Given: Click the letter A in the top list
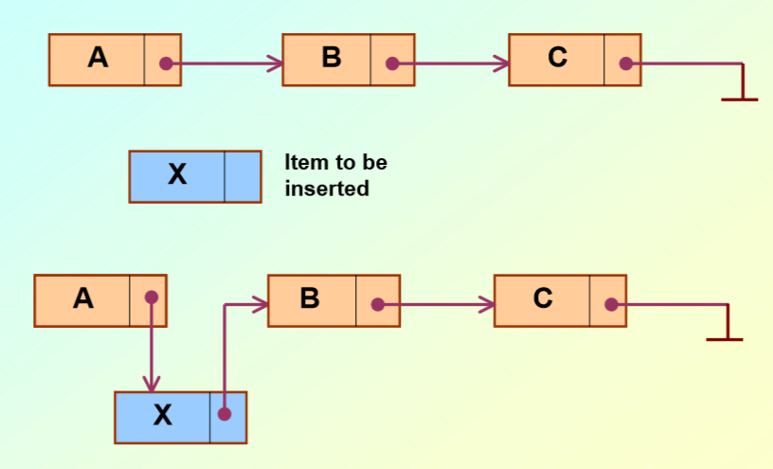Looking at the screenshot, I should [98, 58].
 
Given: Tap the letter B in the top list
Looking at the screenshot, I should [331, 58].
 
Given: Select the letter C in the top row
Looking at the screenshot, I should [557, 58].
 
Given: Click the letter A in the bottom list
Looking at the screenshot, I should [83, 298].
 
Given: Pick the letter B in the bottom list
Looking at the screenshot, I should [310, 298].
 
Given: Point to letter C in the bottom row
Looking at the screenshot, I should [543, 298].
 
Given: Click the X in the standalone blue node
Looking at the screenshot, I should [177, 174].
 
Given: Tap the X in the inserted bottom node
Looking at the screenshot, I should [163, 415].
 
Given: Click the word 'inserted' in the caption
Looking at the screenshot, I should [327, 189].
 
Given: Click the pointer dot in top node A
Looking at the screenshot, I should [166, 64].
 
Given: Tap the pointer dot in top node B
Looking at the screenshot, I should [392, 64].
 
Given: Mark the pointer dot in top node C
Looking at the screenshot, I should [625, 64].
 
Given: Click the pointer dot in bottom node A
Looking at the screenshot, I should [151, 297].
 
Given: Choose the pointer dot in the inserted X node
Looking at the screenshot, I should [225, 414].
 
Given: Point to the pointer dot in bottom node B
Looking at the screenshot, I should [378, 305].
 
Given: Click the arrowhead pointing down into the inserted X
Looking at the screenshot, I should [151, 384].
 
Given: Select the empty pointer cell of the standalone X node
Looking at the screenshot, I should [243, 176].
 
